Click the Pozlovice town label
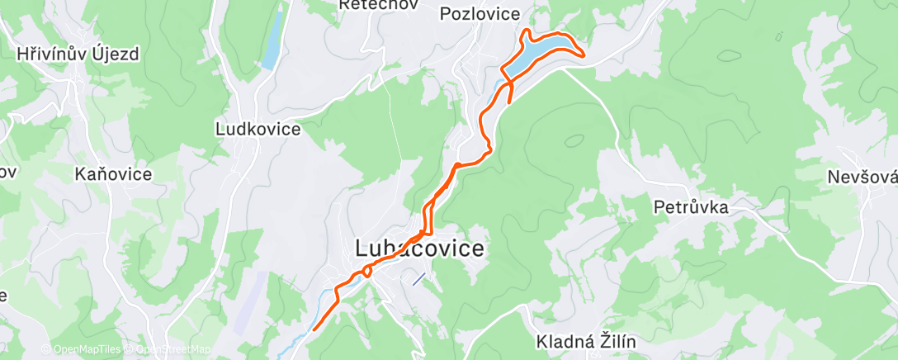(x=480, y=13)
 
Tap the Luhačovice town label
(x=419, y=248)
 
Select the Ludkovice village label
(x=257, y=130)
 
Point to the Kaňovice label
(x=113, y=174)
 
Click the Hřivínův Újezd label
(x=78, y=54)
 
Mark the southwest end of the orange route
(x=315, y=329)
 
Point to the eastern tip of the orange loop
(x=584, y=55)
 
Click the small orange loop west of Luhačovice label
(x=366, y=271)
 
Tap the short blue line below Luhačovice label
(x=419, y=279)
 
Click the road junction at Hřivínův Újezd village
(x=77, y=78)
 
